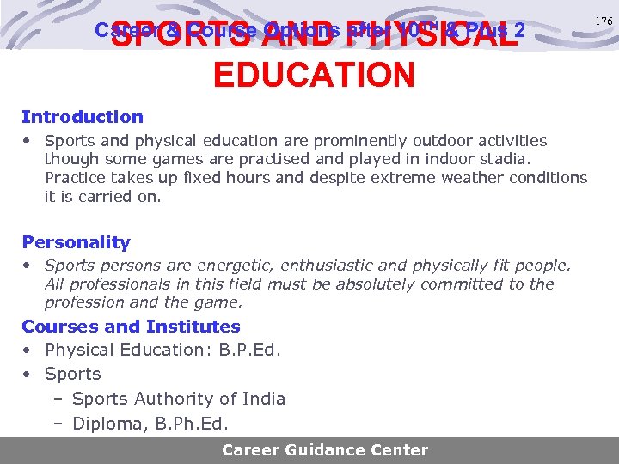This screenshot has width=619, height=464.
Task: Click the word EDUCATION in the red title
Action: [314, 76]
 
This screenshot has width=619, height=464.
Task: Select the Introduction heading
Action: [83, 117]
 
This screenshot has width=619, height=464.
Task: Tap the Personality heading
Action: [76, 242]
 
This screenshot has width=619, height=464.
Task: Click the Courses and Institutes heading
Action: [131, 327]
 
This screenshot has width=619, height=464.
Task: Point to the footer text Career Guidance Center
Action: [324, 449]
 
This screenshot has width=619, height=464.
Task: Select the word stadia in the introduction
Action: [508, 159]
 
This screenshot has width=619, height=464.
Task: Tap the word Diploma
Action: [103, 423]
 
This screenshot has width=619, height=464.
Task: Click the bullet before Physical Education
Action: [28, 350]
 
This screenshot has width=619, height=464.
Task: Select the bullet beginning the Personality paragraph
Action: [28, 266]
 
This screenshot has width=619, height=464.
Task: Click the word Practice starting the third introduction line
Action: [76, 178]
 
